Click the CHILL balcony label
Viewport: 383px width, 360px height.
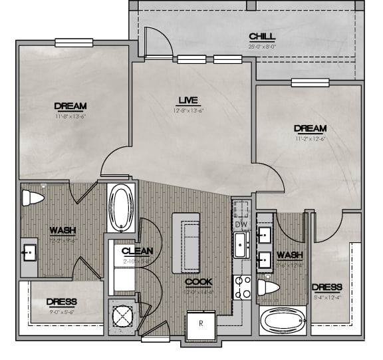(x=262, y=36)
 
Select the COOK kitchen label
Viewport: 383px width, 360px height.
(x=198, y=281)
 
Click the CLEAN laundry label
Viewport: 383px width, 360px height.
(x=138, y=251)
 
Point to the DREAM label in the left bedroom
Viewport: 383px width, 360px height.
(x=70, y=106)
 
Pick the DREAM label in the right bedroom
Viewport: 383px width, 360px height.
(x=311, y=128)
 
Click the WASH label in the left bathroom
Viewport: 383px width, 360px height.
(x=62, y=230)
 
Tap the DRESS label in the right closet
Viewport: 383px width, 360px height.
(x=326, y=287)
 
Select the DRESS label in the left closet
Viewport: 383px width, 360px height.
(x=62, y=301)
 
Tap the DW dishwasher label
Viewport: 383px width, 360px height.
(x=240, y=225)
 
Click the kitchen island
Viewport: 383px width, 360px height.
(x=186, y=243)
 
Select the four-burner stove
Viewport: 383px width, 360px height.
(x=242, y=287)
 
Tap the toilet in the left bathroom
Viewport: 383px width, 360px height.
(x=33, y=198)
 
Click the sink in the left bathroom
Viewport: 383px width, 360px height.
(x=30, y=253)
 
